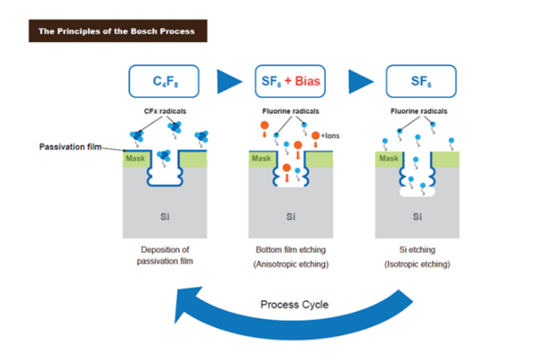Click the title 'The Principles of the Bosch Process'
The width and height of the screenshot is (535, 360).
point(116,32)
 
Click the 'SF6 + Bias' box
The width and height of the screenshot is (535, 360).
point(291,82)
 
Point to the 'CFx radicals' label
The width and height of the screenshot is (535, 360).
point(166,112)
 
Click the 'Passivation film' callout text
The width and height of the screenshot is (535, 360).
point(69,147)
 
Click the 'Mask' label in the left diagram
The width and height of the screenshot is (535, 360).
point(134,158)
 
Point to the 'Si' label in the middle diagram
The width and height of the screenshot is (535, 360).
point(290,217)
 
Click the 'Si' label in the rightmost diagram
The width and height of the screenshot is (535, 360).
point(417,217)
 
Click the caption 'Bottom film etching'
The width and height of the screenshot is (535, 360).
point(290,250)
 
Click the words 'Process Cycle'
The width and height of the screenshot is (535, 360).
point(292,304)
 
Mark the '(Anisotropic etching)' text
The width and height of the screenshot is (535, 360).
point(290,265)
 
